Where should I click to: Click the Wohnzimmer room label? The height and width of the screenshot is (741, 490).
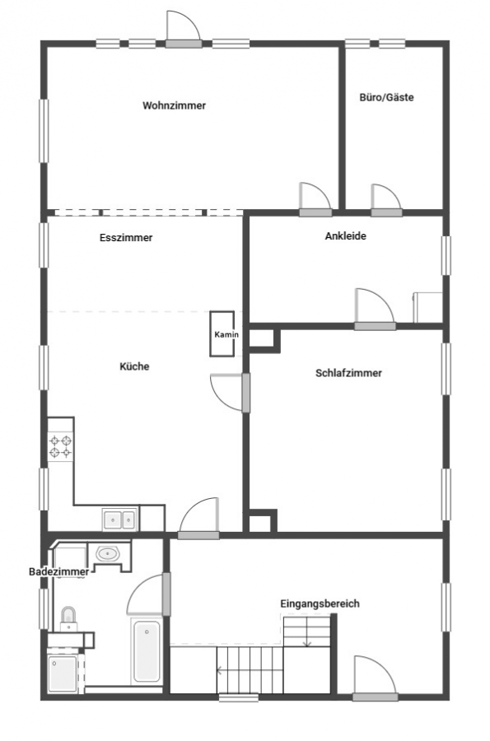(174, 105)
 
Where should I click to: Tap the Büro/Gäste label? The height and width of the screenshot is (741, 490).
(386, 97)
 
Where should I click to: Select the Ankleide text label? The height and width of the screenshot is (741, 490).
(345, 235)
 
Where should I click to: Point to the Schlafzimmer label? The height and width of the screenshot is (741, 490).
(348, 373)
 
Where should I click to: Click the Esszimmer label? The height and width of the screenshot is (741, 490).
(126, 238)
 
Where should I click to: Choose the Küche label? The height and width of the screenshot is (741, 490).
(134, 366)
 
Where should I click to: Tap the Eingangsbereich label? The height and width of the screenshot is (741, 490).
(320, 604)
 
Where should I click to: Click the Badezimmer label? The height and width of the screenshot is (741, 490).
(58, 572)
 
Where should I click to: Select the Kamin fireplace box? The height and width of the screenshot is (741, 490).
(222, 333)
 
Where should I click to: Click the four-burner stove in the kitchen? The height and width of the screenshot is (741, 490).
(60, 446)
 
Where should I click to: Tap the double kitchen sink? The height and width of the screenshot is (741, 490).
(120, 520)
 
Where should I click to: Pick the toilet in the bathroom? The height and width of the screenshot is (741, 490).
(68, 619)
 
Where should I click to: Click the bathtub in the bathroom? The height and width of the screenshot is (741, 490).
(146, 650)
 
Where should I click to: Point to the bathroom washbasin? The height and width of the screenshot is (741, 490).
(108, 553)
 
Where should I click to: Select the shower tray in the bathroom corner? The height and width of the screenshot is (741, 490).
(63, 673)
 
